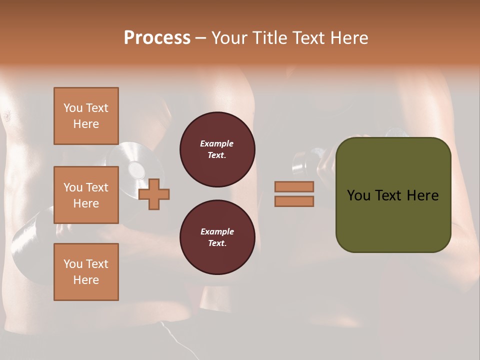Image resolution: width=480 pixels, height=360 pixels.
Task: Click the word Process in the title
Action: (x=157, y=37)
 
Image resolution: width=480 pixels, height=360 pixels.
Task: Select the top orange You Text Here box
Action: (x=86, y=116)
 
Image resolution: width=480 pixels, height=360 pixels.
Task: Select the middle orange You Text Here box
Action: (x=86, y=195)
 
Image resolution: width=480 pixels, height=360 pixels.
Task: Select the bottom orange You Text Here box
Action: (x=86, y=272)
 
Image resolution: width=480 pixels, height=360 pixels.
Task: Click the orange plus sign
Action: (x=154, y=194)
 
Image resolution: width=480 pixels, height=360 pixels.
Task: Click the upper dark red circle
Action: (x=217, y=149)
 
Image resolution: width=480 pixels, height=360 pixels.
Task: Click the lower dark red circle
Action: (x=217, y=237)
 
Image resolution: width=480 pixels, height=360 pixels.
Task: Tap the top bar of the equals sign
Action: (x=294, y=186)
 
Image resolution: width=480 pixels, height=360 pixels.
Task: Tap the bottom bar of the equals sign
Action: (x=294, y=201)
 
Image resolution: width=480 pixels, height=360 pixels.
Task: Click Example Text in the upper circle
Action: (x=217, y=149)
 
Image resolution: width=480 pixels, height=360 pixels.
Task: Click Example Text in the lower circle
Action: (x=217, y=237)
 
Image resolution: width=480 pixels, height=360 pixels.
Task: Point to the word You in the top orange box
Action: (x=73, y=108)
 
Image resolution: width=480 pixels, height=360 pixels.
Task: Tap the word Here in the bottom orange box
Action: (x=86, y=280)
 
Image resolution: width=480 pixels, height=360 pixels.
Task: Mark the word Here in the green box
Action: (x=422, y=195)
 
